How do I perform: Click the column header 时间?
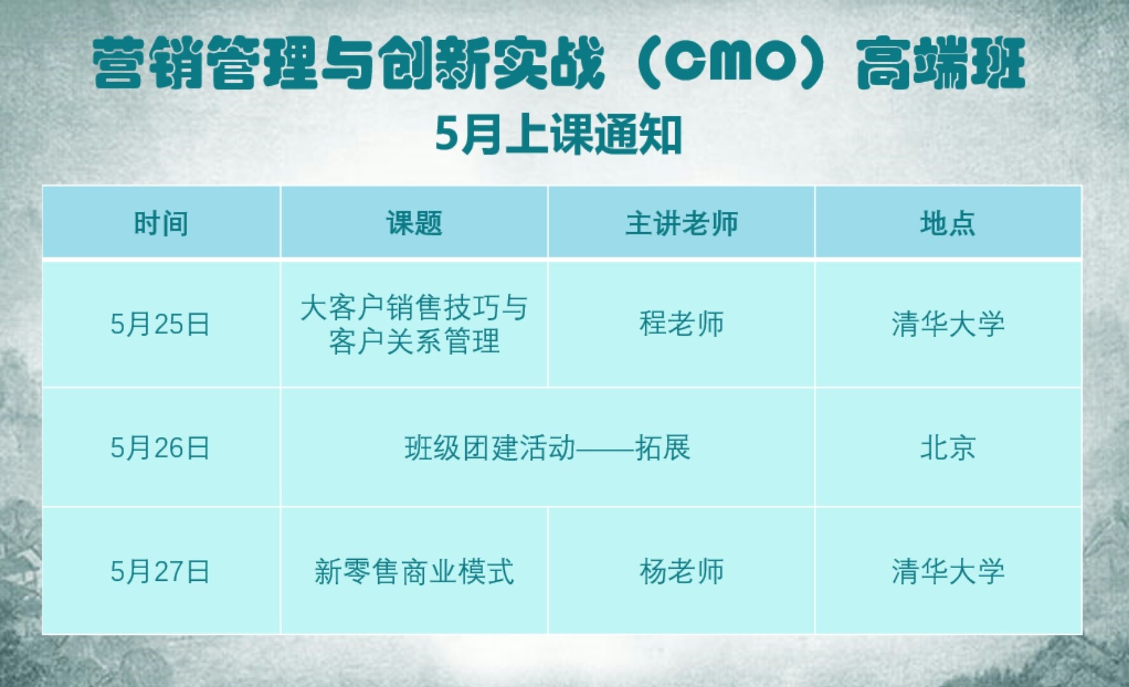coord(161,224)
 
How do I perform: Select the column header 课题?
coord(414,224)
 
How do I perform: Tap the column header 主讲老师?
coord(682,224)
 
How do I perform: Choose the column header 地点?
coord(948,224)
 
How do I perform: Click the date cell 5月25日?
coord(160,324)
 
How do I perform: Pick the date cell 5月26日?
coord(160,448)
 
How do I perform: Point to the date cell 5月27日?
coord(160,572)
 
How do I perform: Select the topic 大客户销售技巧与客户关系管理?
coord(414,324)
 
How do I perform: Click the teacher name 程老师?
coord(682,324)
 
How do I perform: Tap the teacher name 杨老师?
coord(682,572)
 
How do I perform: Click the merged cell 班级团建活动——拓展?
coord(547,448)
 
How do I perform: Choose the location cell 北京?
coord(948,448)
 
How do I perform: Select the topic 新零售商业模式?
coord(414,572)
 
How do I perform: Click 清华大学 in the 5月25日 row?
coord(948,324)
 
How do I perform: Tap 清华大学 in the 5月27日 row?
coord(948,572)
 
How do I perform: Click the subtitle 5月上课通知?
coord(559,135)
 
